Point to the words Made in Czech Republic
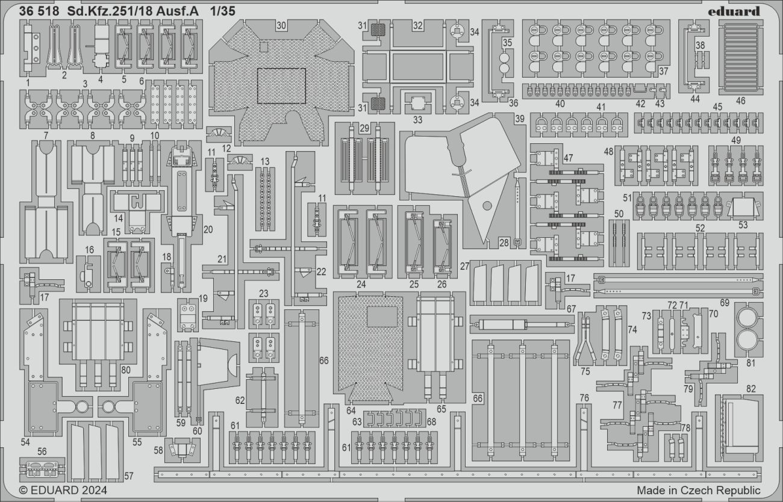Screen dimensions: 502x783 (698, 490)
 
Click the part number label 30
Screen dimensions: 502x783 (281, 25)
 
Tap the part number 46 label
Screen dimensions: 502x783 (740, 101)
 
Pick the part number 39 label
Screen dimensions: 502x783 (519, 119)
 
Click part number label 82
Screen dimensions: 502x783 (750, 389)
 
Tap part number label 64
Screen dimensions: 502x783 (351, 411)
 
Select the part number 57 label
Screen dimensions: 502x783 (129, 476)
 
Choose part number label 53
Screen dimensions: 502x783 (743, 225)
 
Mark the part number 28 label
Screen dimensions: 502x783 (504, 242)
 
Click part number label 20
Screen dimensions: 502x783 (208, 229)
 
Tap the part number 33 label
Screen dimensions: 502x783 (418, 119)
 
